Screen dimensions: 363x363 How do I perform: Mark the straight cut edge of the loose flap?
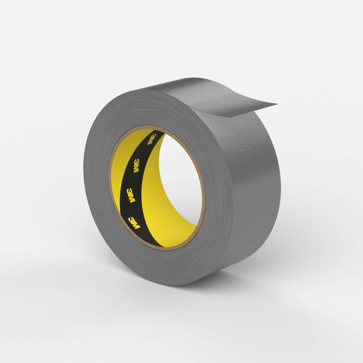pyautogui.click(x=252, y=111)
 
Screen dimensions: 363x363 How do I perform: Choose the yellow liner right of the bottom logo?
pyautogui.click(x=159, y=227)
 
